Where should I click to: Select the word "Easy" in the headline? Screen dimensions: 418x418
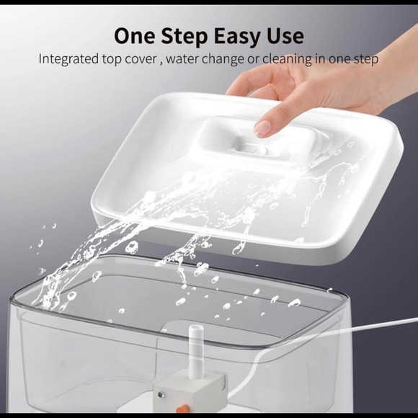click(x=243, y=35)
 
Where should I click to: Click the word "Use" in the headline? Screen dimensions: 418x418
click(x=286, y=35)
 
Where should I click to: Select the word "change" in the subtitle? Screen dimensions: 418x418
click(x=226, y=59)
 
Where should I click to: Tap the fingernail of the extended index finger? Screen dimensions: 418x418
click(x=263, y=128)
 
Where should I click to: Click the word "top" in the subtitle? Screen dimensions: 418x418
click(x=113, y=59)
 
